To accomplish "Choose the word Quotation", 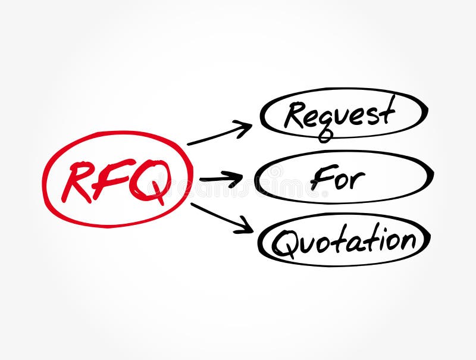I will [x=343, y=241].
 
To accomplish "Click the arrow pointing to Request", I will [x=220, y=133].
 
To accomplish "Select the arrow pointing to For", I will [x=221, y=178].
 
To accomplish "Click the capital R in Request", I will [x=295, y=115].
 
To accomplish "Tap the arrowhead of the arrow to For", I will [x=237, y=177].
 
